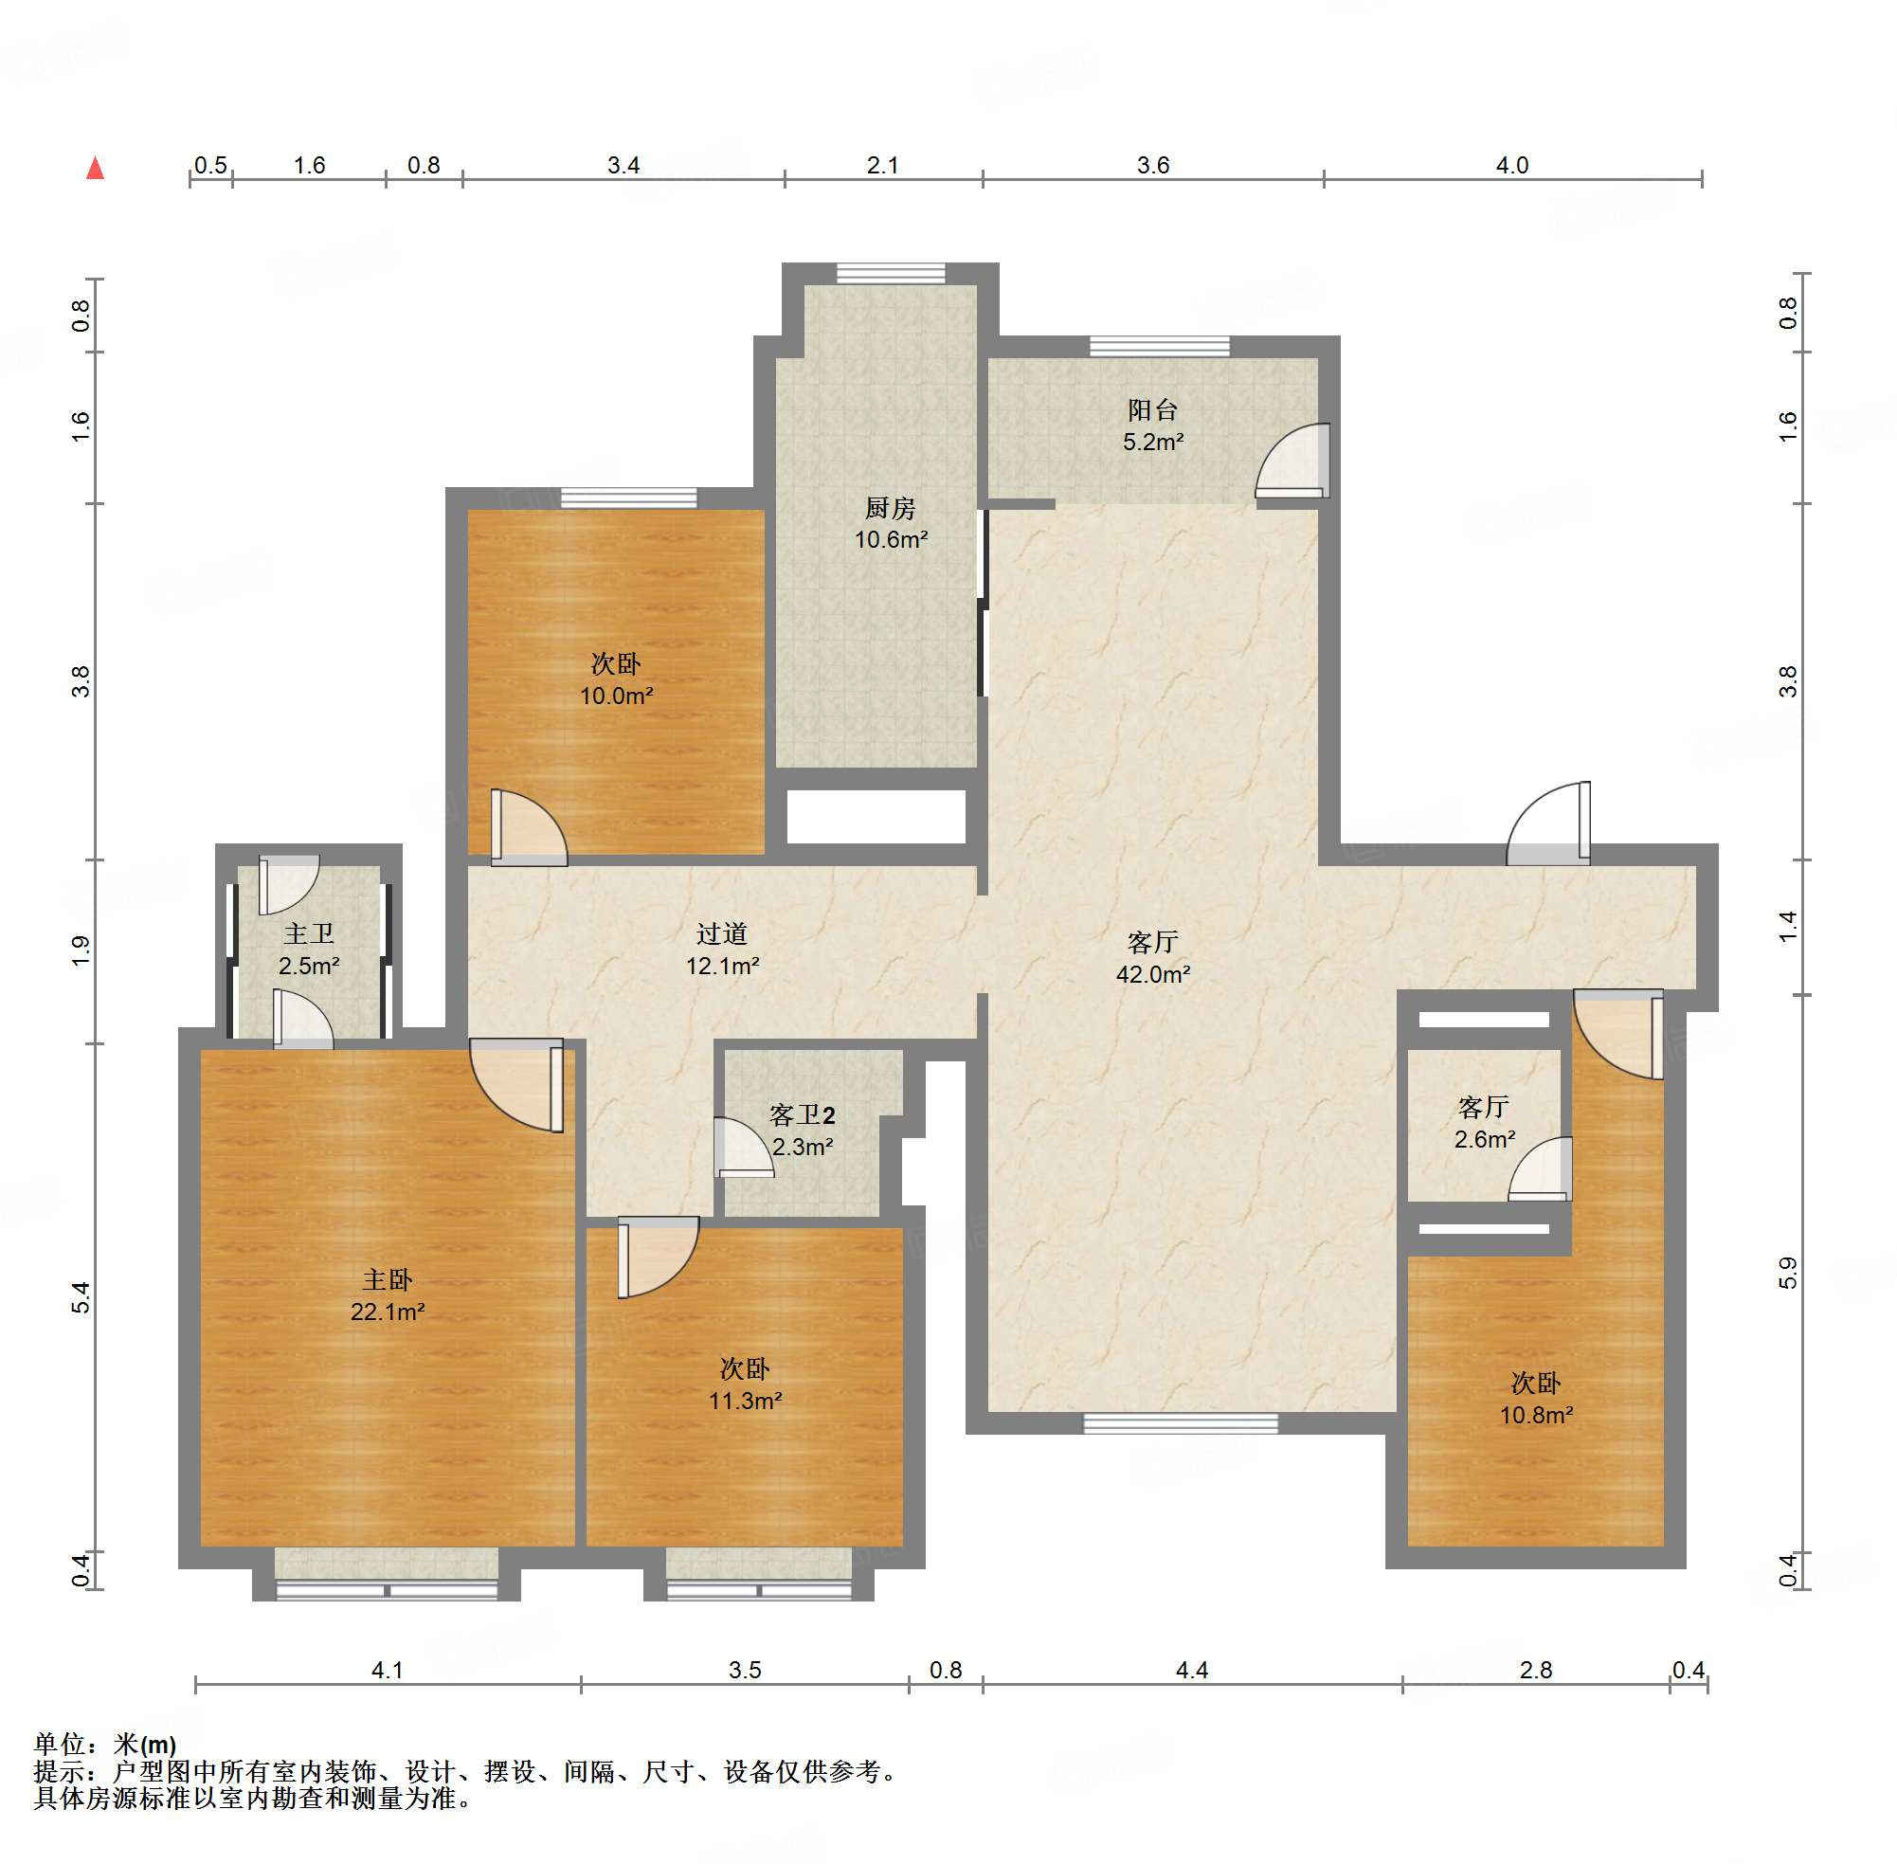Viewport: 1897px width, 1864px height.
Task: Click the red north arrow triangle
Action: (95, 169)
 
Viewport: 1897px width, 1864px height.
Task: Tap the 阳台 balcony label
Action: (1152, 409)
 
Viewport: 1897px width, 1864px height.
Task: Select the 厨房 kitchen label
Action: (890, 508)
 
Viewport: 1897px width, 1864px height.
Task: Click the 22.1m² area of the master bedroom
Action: (388, 1312)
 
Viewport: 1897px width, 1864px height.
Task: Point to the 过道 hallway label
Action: (722, 934)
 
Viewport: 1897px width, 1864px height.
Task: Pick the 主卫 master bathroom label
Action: (308, 934)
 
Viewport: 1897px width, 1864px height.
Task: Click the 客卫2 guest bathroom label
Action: (803, 1115)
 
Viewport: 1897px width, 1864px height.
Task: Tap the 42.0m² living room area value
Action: (1153, 974)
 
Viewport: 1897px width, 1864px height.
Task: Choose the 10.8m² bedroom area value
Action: (1537, 1415)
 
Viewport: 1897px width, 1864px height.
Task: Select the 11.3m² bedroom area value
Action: (746, 1401)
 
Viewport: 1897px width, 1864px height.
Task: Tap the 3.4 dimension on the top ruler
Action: (623, 165)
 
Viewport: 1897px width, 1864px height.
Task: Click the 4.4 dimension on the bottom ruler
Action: (1191, 1670)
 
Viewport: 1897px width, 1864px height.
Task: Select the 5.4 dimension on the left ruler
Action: (81, 1298)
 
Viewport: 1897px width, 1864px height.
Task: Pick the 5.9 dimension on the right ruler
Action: (1788, 1273)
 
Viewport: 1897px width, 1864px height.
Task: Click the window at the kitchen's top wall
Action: (891, 273)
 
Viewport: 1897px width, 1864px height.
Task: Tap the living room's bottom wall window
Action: (1181, 1423)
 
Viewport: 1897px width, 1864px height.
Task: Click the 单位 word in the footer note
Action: (59, 1745)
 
